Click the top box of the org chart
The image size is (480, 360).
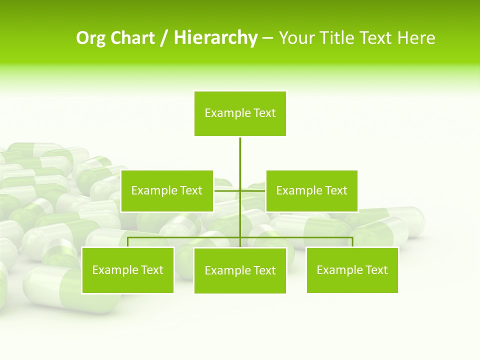[240, 113]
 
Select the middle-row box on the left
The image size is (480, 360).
[167, 190]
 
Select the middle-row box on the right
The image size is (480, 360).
[311, 190]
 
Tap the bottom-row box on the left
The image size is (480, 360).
[128, 270]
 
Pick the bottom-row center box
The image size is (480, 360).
[240, 271]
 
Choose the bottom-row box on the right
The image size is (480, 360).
[352, 270]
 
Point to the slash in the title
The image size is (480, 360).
[164, 38]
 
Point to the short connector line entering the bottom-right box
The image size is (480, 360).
[352, 242]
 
